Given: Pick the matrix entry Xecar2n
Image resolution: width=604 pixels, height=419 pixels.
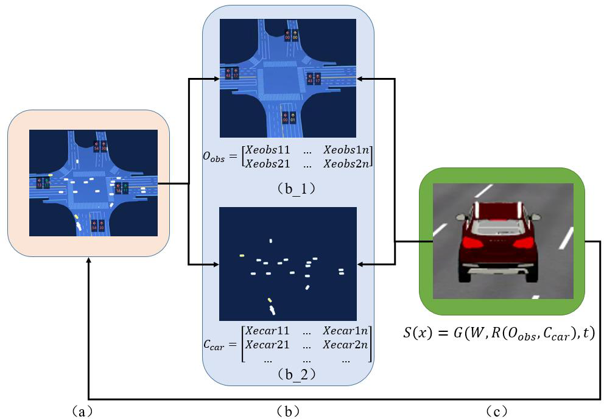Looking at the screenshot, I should tap(346, 344).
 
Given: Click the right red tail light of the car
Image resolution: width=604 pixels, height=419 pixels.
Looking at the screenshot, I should tap(523, 242).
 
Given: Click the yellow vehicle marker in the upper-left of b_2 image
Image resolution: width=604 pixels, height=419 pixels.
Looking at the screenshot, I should tap(242, 256).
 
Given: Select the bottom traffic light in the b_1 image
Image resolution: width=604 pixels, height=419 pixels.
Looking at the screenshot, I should tap(289, 116).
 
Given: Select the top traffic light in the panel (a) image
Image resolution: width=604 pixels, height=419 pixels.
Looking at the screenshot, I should tap(100, 146).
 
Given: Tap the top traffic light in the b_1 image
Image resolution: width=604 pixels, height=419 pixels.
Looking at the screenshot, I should tap(290, 34).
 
